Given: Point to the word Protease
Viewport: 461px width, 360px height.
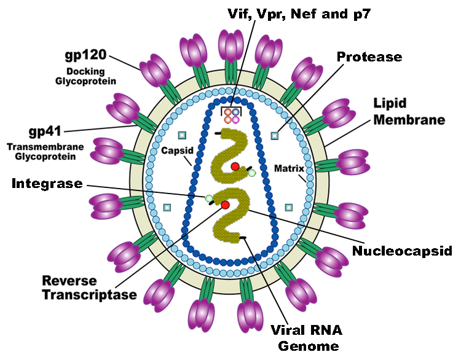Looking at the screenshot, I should click(369, 57).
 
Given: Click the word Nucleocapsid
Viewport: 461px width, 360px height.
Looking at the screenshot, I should click(402, 251).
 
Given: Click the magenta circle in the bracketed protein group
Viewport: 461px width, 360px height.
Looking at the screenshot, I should click(235, 120).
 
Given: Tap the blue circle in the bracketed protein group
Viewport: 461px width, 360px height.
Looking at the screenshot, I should click(235, 112).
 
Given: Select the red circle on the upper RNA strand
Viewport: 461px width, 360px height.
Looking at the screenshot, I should click(235, 166).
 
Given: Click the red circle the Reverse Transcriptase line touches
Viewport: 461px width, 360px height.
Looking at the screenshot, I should click(225, 204).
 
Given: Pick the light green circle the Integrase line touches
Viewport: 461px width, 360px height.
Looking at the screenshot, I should click(210, 198).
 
